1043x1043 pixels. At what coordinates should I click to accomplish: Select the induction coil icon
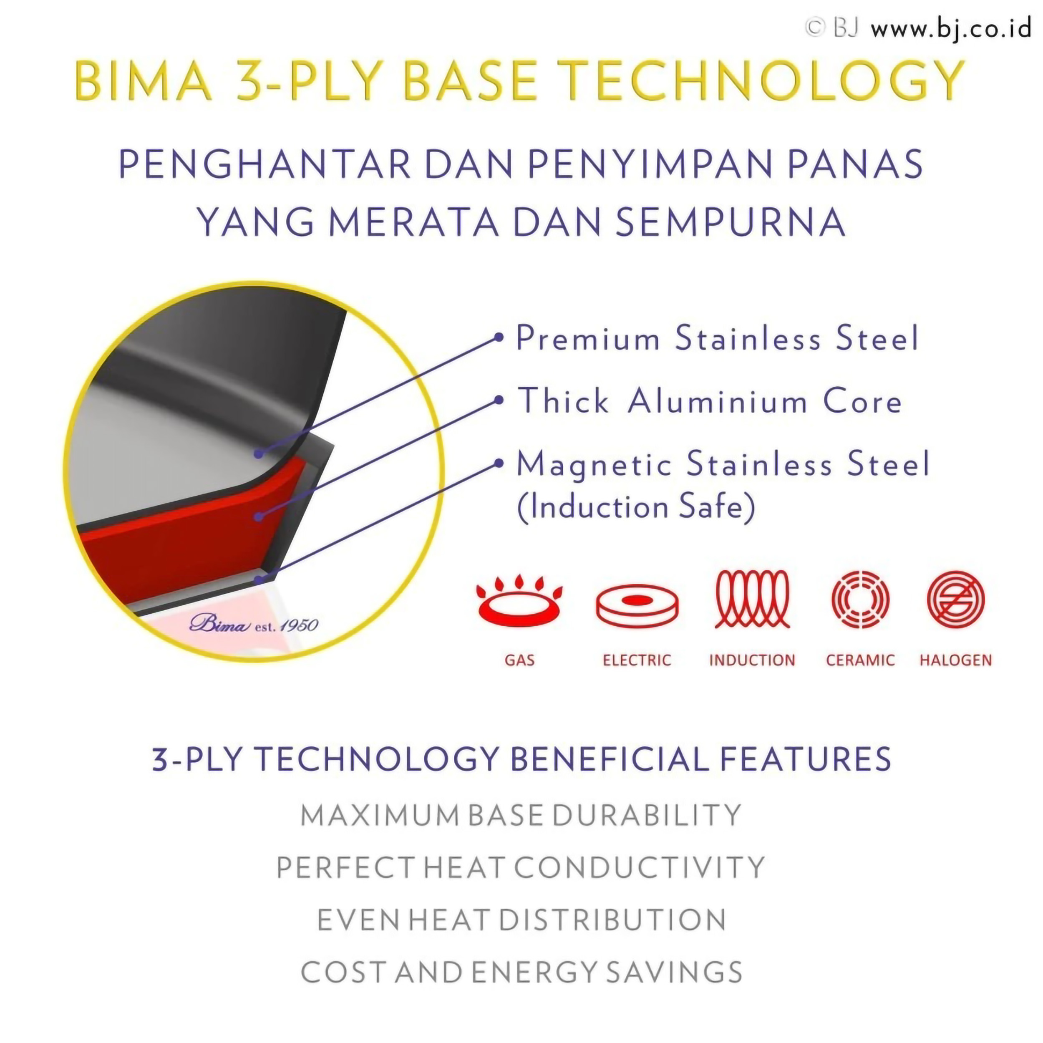pyautogui.click(x=752, y=599)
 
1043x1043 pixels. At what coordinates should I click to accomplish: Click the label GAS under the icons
pyautogui.click(x=519, y=660)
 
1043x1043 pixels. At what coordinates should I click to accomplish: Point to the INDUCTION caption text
pyautogui.click(x=752, y=660)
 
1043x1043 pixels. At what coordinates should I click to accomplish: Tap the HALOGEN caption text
pyautogui.click(x=955, y=660)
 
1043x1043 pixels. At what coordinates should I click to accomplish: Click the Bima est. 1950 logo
pyautogui.click(x=254, y=625)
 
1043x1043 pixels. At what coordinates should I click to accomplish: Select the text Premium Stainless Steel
pyautogui.click(x=717, y=338)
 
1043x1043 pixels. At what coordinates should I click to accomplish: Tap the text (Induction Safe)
pyautogui.click(x=636, y=507)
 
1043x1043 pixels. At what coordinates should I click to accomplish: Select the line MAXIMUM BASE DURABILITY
pyautogui.click(x=521, y=816)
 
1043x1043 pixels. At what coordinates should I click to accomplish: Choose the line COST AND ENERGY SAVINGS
pyautogui.click(x=521, y=972)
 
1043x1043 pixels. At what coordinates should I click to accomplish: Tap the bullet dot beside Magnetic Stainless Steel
pyautogui.click(x=499, y=463)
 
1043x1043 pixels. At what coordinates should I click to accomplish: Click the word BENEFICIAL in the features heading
pyautogui.click(x=609, y=758)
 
